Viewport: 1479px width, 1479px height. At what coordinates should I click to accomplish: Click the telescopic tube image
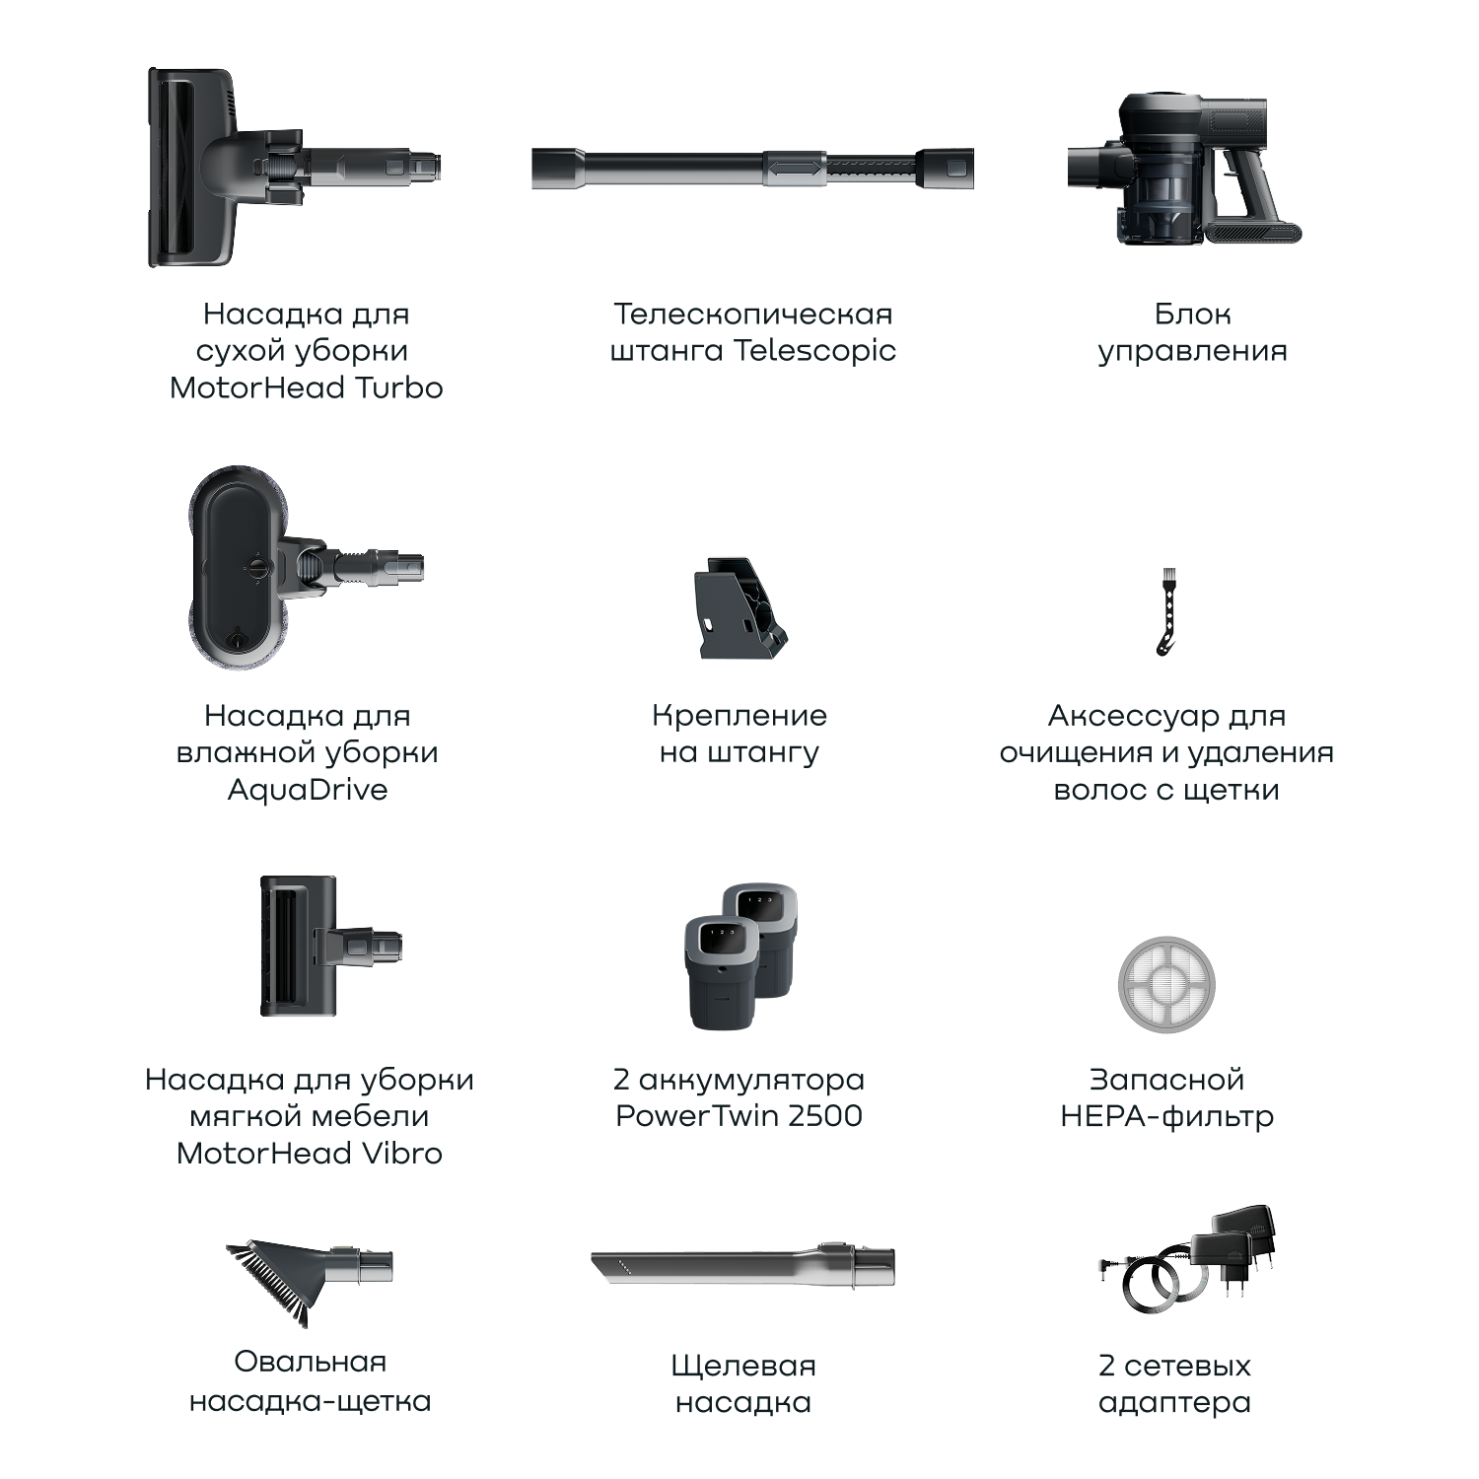point(752,168)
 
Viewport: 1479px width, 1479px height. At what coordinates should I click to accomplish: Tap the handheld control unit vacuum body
point(1183,168)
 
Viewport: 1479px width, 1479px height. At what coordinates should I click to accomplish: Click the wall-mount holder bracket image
point(740,607)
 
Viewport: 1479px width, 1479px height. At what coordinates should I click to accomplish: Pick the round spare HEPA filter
point(1166,985)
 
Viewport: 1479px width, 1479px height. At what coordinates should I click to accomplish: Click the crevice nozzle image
point(742,1265)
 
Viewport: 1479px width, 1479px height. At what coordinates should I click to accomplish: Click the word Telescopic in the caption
point(814,351)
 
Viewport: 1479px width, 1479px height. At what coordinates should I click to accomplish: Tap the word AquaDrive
point(308,790)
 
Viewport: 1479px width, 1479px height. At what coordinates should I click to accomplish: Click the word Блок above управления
point(1192,315)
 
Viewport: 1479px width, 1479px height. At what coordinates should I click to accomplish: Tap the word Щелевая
point(743,1368)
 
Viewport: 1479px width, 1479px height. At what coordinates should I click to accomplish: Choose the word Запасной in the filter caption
point(1166,1080)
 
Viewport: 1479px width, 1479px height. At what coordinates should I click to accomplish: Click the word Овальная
point(310,1362)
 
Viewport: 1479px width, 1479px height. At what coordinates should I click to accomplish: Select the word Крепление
point(739,717)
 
